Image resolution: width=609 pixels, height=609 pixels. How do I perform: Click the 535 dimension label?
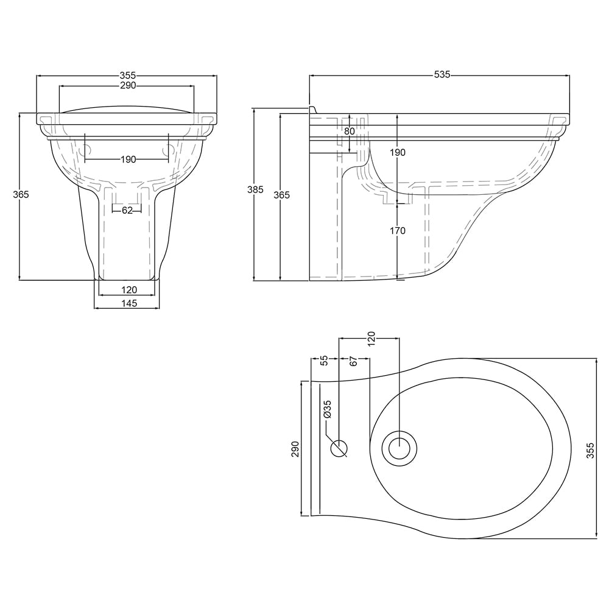coord(442,74)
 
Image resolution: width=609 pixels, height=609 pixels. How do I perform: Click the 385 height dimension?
coord(256,189)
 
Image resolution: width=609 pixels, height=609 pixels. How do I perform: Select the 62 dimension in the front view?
coord(127,211)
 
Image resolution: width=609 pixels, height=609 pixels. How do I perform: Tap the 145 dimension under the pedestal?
coord(129,303)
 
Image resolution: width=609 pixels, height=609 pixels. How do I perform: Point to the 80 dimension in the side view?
coord(350,132)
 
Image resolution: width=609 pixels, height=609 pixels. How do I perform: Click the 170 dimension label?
coord(398,231)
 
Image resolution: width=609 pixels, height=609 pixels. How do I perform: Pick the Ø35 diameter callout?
coord(327,409)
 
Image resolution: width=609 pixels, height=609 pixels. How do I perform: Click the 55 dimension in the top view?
coord(325,361)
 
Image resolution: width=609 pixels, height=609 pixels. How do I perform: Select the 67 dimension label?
coord(353,361)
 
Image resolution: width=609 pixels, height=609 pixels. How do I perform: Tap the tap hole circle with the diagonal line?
coord(339,449)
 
